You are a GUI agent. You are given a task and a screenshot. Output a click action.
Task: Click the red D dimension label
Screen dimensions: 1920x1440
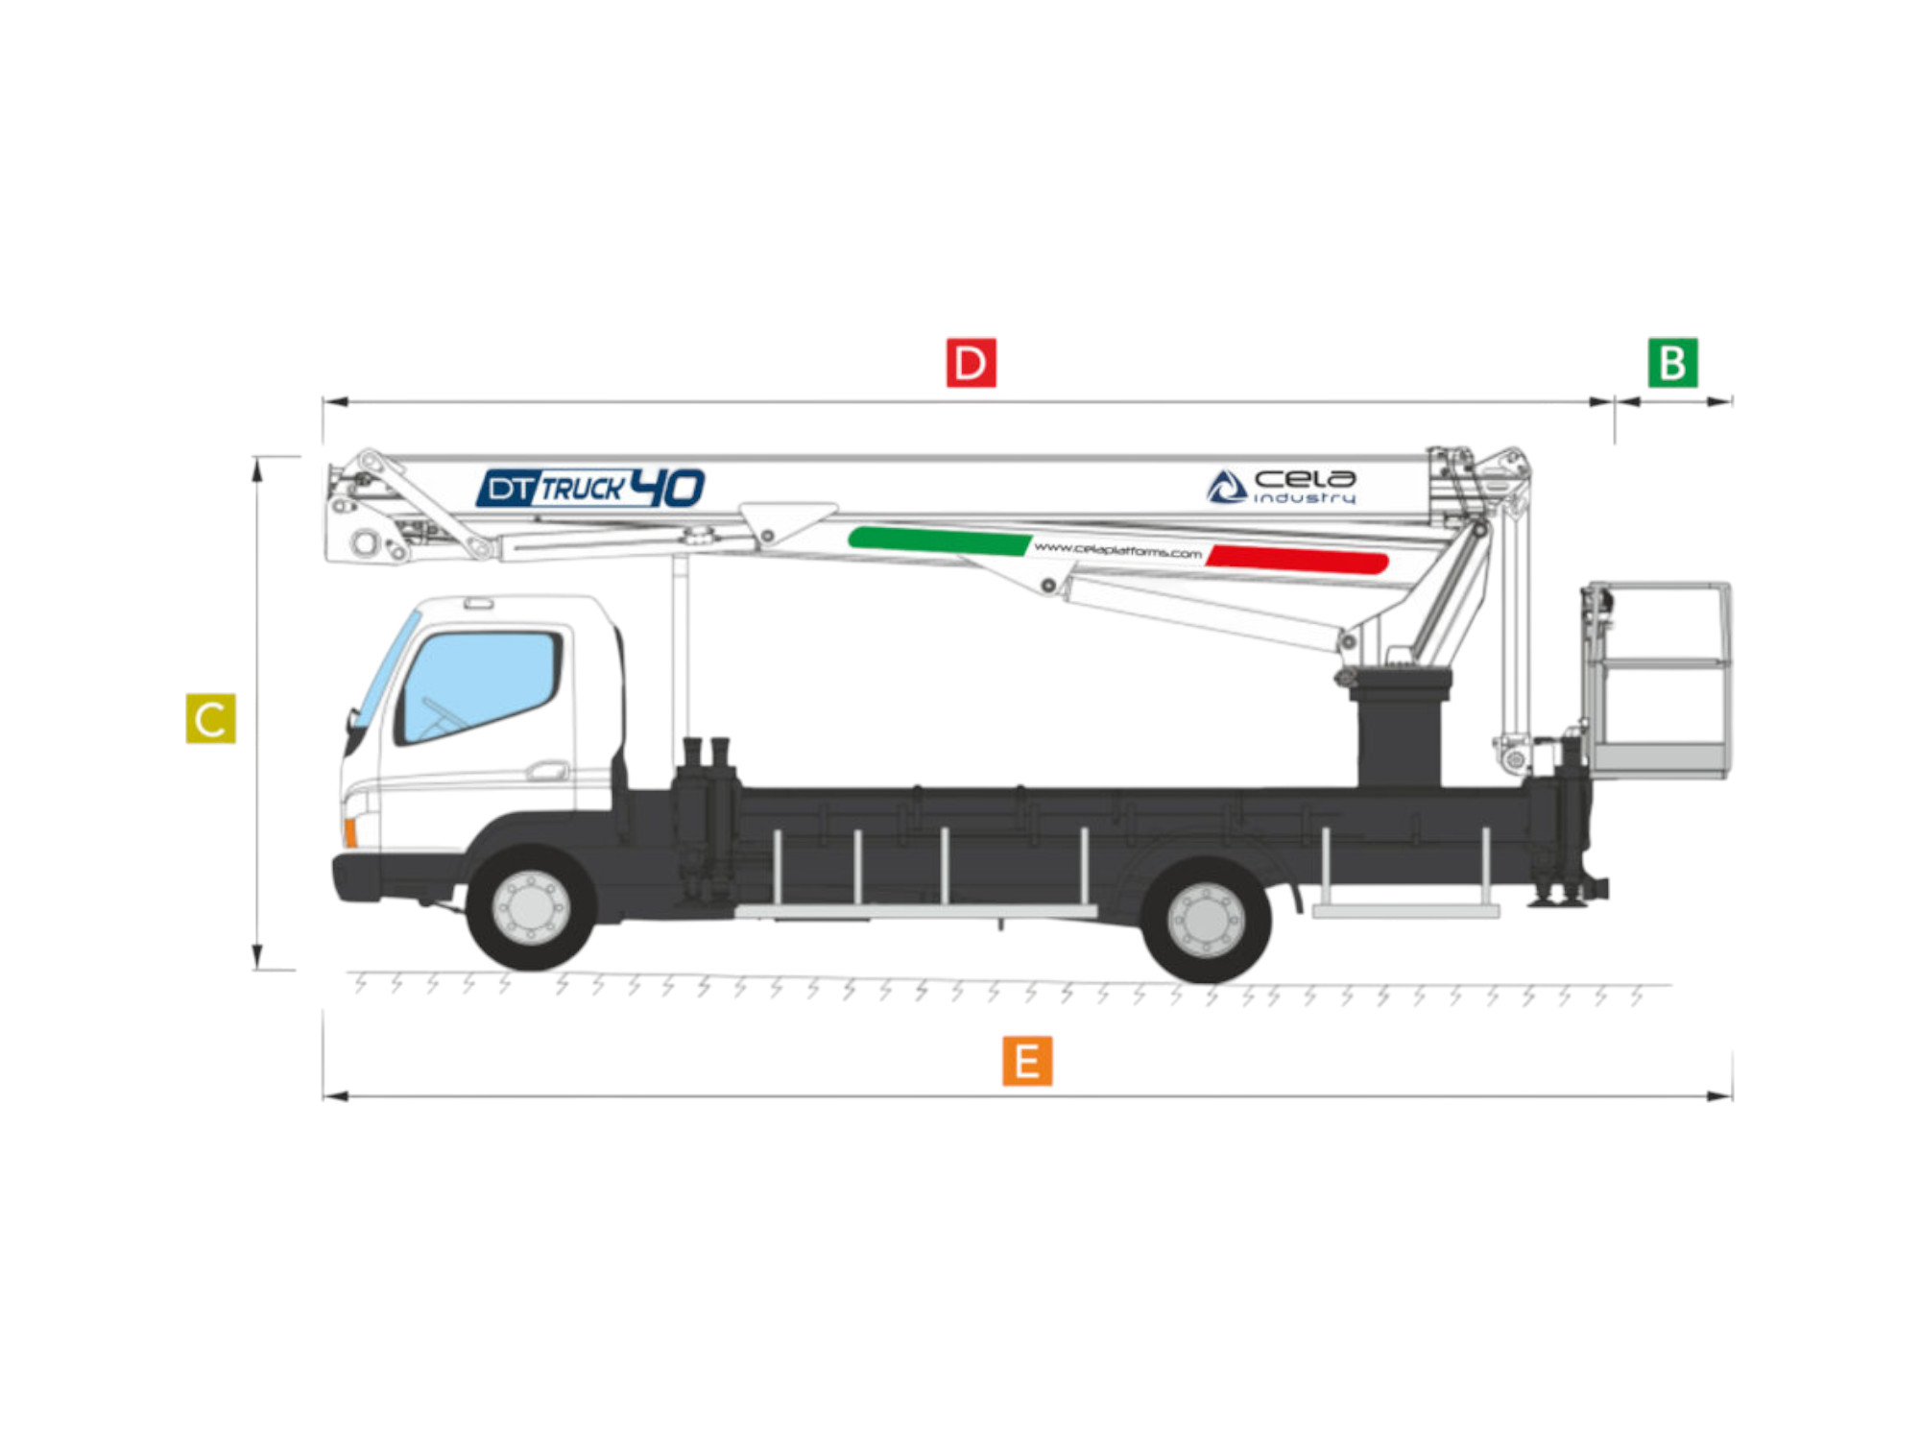click(971, 363)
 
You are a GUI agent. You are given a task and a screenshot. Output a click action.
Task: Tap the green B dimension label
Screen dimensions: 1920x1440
click(1673, 363)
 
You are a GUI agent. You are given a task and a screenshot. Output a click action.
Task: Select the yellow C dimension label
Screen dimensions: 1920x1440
click(210, 718)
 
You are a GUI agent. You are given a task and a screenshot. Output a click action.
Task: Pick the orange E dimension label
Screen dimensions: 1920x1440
click(1027, 1061)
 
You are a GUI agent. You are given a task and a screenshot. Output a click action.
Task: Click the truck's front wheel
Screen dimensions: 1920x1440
click(531, 907)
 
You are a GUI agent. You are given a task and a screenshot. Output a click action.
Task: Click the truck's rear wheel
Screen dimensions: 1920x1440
click(1206, 920)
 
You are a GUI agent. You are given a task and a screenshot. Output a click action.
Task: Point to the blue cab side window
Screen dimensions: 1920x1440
click(480, 685)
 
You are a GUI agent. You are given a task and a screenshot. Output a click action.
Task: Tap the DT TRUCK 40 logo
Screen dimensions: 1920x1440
click(590, 488)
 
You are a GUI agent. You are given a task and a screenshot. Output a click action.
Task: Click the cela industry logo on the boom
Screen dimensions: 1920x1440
click(1282, 487)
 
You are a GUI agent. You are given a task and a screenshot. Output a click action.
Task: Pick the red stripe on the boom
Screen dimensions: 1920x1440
click(1297, 559)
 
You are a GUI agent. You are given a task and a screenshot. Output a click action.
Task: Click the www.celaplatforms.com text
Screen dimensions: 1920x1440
click(1117, 550)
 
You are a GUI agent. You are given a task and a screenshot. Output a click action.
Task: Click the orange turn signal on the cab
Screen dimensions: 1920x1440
click(350, 832)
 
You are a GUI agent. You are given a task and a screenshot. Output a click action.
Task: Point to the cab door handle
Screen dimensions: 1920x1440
click(547, 770)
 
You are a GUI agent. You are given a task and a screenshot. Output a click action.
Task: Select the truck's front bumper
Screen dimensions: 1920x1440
click(355, 877)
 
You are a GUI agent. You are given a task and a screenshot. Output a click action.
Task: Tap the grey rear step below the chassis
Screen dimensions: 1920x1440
click(1405, 911)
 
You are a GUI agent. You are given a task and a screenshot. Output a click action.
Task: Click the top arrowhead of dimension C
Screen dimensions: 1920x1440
click(257, 468)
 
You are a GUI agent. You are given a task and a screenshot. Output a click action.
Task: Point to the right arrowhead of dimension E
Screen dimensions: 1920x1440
click(1720, 1096)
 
